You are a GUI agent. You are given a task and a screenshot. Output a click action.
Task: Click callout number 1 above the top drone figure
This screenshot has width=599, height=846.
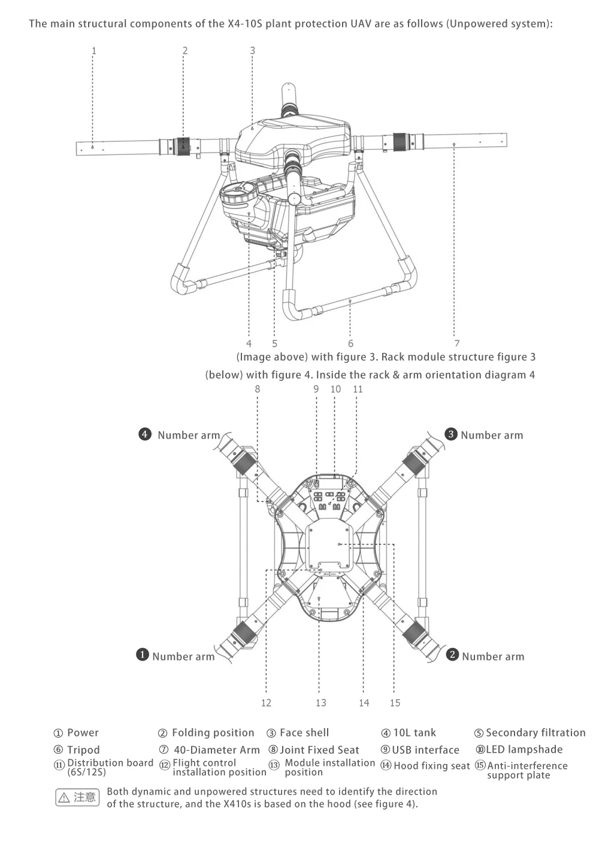tap(94, 51)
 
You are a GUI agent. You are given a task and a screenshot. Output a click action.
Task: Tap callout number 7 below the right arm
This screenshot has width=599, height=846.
tap(457, 343)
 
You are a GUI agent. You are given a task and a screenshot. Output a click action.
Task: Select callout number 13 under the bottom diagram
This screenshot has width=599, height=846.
tap(321, 702)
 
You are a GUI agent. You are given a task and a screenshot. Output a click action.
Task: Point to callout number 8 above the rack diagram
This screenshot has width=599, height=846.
tap(258, 389)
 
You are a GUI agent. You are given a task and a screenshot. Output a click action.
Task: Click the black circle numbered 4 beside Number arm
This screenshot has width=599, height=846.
tap(145, 434)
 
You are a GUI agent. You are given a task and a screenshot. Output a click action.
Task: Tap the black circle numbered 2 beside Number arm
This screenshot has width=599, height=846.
tap(452, 654)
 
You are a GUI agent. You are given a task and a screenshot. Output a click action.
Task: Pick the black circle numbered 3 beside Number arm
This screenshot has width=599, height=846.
tap(451, 434)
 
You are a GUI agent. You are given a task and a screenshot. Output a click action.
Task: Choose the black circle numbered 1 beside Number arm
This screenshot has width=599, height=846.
tap(142, 654)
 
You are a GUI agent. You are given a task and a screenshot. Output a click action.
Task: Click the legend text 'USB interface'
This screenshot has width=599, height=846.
tap(425, 750)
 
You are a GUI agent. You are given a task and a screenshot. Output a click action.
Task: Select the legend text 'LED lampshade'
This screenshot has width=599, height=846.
tap(524, 749)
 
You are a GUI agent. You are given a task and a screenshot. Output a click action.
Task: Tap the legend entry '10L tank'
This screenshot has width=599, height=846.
tap(415, 733)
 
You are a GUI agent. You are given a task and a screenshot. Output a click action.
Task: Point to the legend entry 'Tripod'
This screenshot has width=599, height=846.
tap(83, 750)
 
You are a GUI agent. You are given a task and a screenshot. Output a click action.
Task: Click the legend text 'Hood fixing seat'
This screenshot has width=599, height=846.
tap(431, 766)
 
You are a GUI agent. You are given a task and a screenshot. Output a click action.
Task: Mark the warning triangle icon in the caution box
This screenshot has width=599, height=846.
tap(64, 798)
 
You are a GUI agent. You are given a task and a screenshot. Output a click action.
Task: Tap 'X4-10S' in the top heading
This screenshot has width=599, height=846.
tap(245, 24)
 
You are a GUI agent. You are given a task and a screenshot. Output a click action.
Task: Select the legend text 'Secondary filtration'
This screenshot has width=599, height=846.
tap(536, 733)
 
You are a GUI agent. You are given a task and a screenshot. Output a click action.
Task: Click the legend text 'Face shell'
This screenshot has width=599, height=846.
tap(304, 733)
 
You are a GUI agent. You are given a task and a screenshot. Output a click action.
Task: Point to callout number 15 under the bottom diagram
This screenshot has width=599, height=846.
tap(395, 702)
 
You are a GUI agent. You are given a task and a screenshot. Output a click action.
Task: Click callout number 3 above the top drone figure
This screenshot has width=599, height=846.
tap(253, 51)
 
